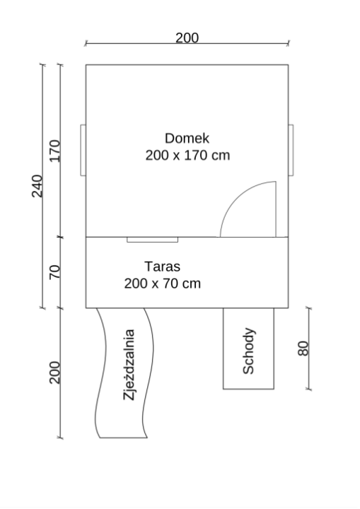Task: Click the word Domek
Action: click(x=187, y=139)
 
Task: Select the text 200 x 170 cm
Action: click(x=187, y=155)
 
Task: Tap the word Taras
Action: click(x=162, y=267)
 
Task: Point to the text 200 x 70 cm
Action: click(x=162, y=283)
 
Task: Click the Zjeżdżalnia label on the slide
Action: click(x=129, y=365)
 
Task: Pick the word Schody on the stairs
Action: click(x=248, y=351)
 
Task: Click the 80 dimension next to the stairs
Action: click(x=303, y=349)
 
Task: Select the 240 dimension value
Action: click(x=37, y=186)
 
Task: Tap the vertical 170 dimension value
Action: click(x=54, y=151)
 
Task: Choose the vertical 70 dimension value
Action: click(x=54, y=272)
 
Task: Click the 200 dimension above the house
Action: click(x=187, y=37)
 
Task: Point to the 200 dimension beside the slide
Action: click(x=54, y=373)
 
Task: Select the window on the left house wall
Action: click(x=83, y=150)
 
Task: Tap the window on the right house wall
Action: click(x=291, y=150)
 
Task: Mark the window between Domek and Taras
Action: click(x=152, y=240)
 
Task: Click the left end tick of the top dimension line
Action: click(x=86, y=43)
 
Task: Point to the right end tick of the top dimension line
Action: click(x=288, y=43)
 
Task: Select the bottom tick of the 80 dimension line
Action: click(x=309, y=389)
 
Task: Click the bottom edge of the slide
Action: click(x=124, y=438)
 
